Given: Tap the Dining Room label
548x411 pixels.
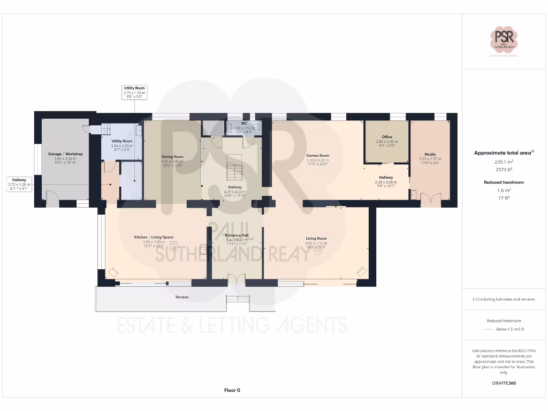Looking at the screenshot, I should (x=172, y=157).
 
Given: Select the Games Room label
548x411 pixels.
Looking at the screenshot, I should (x=317, y=156).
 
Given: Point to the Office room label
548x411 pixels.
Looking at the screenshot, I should (x=387, y=137).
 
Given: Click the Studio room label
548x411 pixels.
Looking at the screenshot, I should (x=430, y=154).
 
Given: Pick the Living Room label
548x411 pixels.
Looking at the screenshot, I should (x=316, y=239).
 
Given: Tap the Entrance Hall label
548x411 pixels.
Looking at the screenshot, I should (x=236, y=235).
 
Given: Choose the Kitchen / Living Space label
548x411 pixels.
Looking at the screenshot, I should (x=154, y=237).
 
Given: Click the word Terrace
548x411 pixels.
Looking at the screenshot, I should (x=181, y=297).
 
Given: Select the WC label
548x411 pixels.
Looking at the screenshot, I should (x=243, y=124).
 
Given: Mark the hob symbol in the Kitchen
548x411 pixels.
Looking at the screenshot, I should (x=174, y=246).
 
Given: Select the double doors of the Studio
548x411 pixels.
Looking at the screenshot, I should (x=430, y=201).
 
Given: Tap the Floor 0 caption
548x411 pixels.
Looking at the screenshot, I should (x=232, y=390).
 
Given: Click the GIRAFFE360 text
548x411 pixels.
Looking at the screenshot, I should (x=504, y=383).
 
